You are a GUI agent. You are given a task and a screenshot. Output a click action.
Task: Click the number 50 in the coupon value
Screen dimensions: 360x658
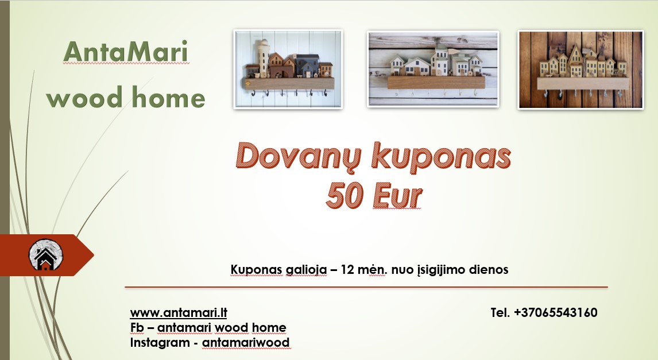343,196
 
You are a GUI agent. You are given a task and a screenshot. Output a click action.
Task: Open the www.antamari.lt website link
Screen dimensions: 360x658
179,313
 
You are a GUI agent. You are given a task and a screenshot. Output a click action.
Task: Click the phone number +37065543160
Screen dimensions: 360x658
556,313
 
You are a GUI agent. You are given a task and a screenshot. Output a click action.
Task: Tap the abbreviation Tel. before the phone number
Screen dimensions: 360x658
501,313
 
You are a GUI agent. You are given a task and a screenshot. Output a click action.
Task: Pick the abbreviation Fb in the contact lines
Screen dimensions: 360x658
137,328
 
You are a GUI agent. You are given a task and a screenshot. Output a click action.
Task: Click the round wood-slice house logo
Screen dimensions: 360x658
46,256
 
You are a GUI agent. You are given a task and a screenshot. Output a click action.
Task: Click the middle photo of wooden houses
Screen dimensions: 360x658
433,69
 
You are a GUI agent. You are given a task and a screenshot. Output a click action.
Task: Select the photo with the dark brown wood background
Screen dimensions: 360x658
580,69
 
